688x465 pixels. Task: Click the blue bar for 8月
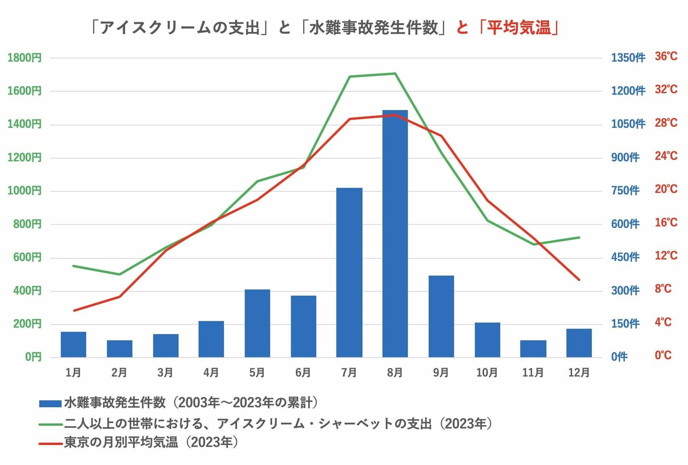pos(395,233)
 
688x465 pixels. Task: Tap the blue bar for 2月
pos(119,349)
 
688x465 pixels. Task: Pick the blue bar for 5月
pos(257,323)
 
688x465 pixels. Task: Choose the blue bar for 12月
pos(579,343)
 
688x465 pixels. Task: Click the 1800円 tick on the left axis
pos(25,58)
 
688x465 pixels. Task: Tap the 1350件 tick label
pos(628,58)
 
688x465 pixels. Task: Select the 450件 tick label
pos(625,257)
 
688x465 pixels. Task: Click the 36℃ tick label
pos(666,56)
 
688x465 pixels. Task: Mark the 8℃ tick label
pos(663,288)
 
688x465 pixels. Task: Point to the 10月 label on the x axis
pos(487,372)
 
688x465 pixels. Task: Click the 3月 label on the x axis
pos(165,372)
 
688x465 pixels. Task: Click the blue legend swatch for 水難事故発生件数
pos(50,404)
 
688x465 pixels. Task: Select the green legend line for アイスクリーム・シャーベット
pos(51,424)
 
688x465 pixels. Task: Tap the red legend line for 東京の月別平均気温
pos(51,443)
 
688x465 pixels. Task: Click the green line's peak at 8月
pos(395,73)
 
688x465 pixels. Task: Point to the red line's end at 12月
pos(579,280)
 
